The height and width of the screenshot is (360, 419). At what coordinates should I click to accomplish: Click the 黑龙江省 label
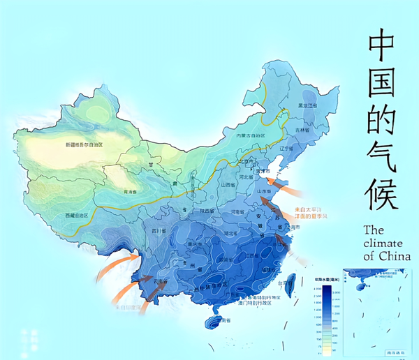point(308,105)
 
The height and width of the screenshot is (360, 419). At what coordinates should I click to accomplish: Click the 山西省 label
point(228,185)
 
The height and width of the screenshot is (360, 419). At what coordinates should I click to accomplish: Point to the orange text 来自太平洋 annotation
point(309,209)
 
